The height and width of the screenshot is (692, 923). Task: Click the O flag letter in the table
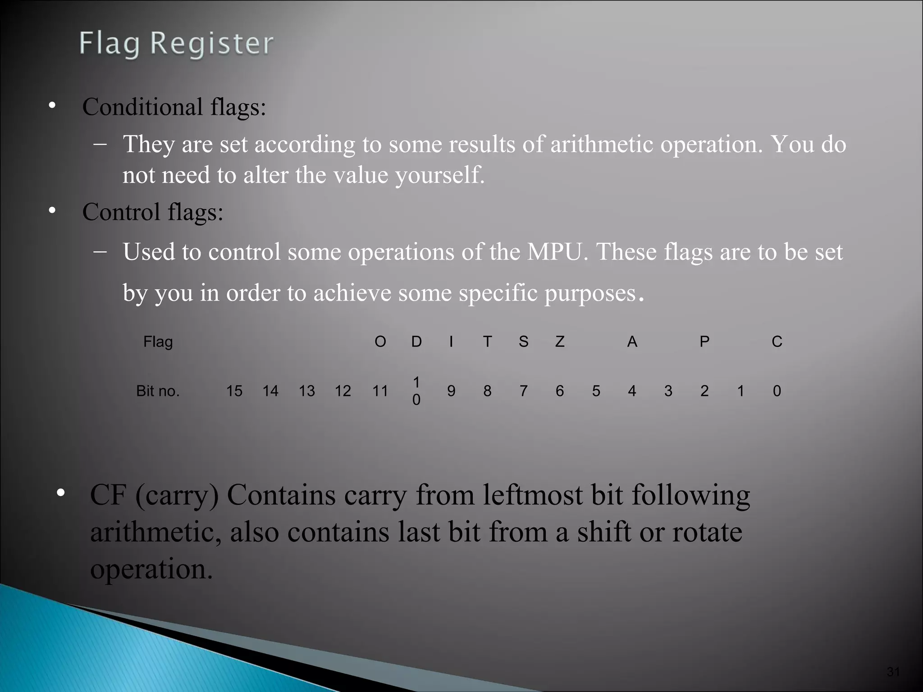click(x=380, y=342)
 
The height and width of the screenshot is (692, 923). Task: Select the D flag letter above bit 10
click(x=416, y=342)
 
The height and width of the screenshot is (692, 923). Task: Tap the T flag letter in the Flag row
click(x=487, y=342)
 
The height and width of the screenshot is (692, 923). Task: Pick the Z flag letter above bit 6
click(x=560, y=342)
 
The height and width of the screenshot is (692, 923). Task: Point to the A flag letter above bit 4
click(x=632, y=342)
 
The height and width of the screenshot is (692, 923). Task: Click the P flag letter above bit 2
click(x=704, y=342)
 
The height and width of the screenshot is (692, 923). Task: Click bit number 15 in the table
click(x=234, y=391)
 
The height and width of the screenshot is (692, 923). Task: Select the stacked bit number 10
click(x=416, y=391)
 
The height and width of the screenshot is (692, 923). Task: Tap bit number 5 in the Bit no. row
click(x=596, y=391)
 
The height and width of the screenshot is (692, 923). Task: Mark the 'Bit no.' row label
click(x=158, y=391)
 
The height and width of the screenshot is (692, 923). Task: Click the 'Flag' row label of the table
click(x=158, y=342)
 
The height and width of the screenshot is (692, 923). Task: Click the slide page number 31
click(x=893, y=672)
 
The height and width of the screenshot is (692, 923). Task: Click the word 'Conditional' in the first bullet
click(x=142, y=107)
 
